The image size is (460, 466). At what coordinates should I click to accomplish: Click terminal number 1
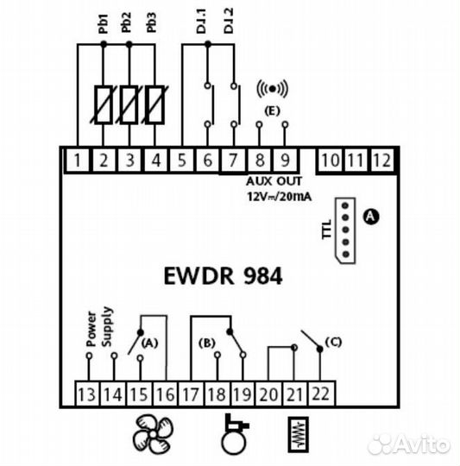pos(79,159)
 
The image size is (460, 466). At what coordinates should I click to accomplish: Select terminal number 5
pos(181,159)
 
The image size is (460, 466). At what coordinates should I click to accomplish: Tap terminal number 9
pos(284,159)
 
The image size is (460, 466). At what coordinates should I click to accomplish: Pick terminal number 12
pos(381,159)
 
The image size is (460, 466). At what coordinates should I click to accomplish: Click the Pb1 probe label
pos(103,26)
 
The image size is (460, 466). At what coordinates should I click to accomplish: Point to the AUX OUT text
pos(271,183)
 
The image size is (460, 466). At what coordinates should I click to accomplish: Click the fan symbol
pos(152,434)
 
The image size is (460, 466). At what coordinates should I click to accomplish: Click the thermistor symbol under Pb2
pos(129,103)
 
